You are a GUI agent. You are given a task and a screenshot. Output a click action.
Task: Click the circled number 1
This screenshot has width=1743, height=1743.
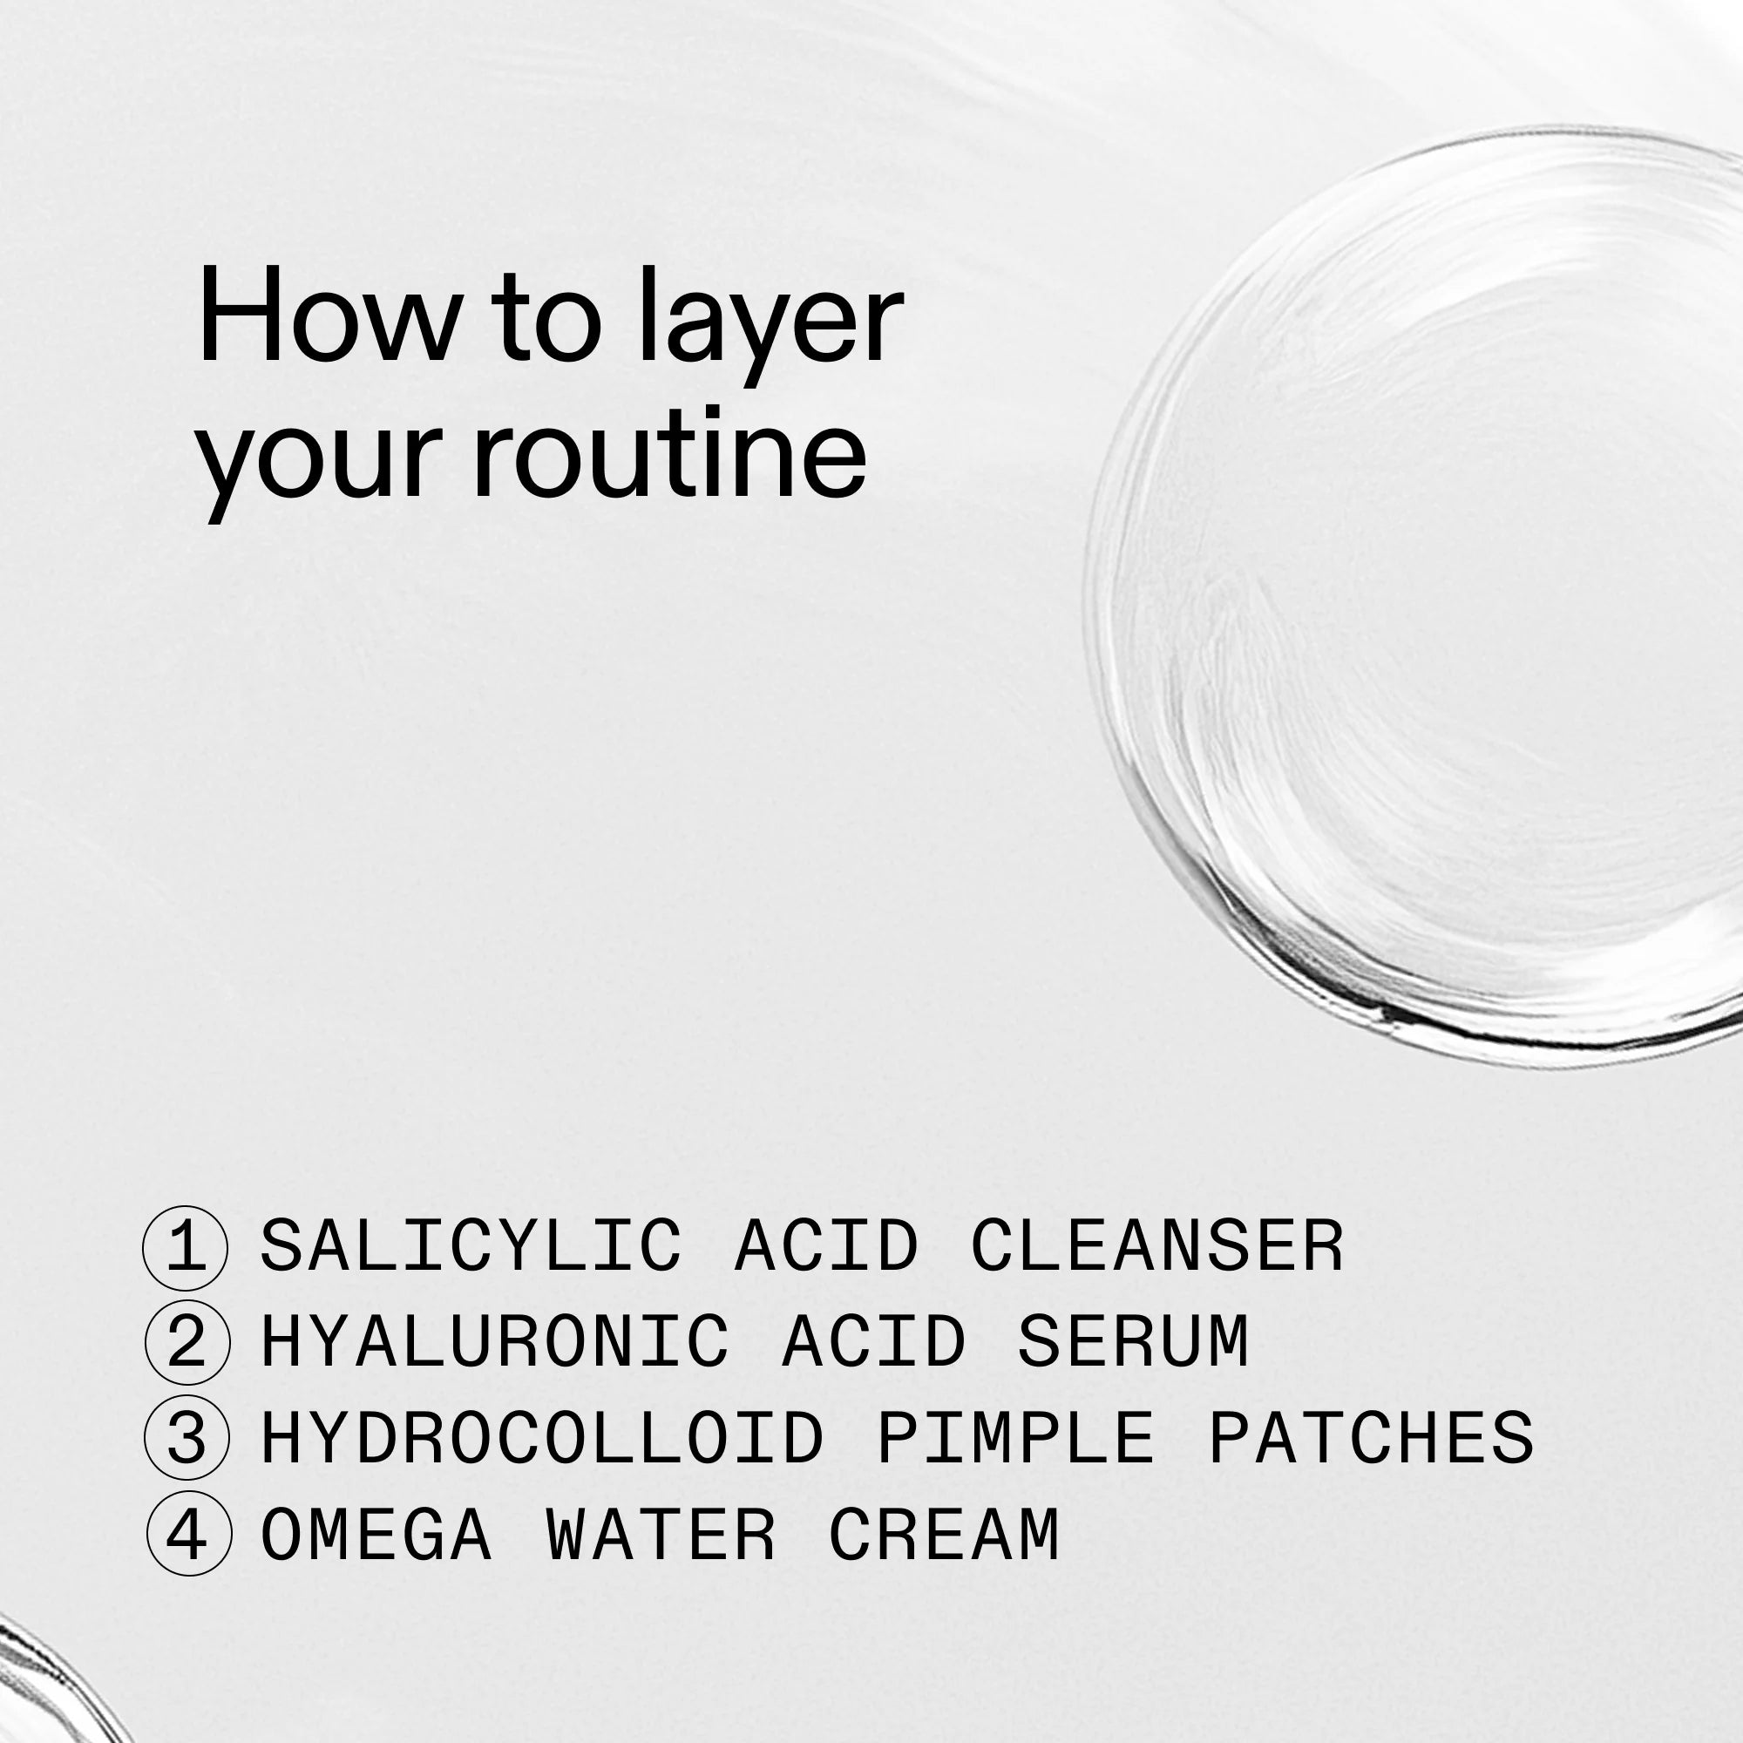(186, 1248)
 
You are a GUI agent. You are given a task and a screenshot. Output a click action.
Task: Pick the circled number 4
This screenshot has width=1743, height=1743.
(187, 1536)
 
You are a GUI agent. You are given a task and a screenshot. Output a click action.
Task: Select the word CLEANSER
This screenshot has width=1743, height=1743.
(1156, 1247)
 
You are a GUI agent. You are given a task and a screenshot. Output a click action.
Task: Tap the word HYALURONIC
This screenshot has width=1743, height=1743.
(494, 1342)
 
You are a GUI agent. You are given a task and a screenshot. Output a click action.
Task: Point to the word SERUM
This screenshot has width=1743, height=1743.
(1133, 1342)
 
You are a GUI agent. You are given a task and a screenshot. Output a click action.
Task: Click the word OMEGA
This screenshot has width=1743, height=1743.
(376, 1536)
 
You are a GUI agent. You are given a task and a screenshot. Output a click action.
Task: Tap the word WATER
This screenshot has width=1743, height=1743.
(661, 1536)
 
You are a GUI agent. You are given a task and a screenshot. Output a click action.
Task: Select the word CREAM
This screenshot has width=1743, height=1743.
(945, 1536)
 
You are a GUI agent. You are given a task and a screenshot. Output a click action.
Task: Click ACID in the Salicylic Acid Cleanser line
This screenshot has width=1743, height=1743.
(826, 1247)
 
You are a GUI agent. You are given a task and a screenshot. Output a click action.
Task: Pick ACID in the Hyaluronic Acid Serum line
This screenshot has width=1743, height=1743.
(873, 1342)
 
